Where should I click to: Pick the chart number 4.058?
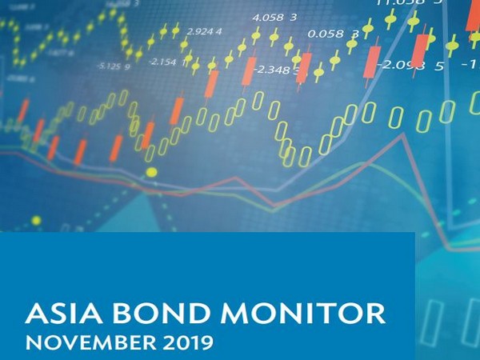(x=267, y=17)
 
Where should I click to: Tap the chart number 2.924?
(x=199, y=31)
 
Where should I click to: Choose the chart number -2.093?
(x=398, y=64)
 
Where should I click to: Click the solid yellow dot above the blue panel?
(x=151, y=172)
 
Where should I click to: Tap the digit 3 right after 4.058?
(x=294, y=17)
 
